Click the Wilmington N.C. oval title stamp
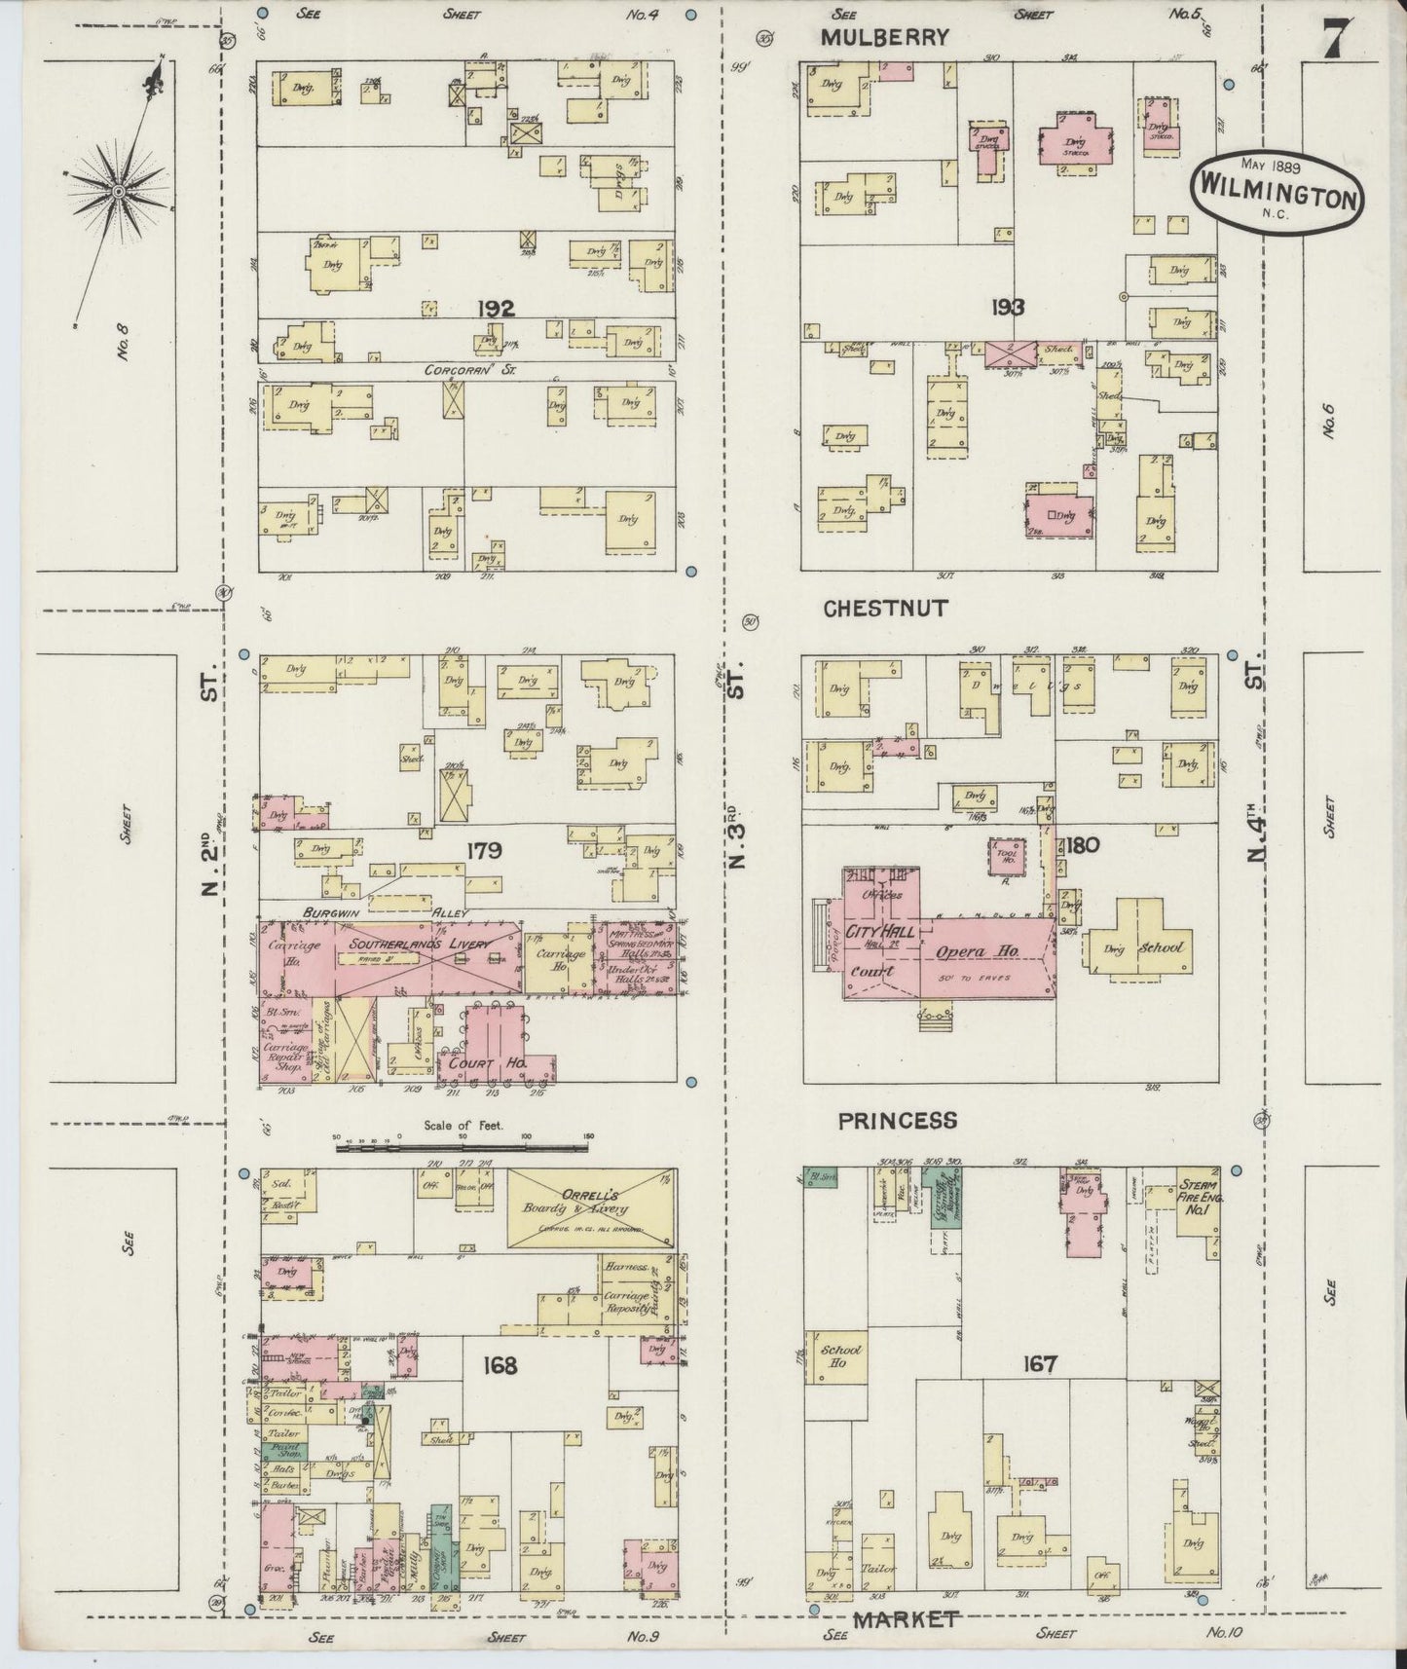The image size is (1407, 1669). [1276, 189]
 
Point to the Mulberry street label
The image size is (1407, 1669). [883, 38]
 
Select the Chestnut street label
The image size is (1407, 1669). [885, 609]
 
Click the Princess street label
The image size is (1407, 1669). [897, 1120]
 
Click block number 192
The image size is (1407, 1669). [495, 309]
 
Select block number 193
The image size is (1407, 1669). [1007, 308]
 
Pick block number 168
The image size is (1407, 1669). [498, 1366]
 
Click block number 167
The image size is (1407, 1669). [1039, 1364]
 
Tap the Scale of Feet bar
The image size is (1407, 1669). [463, 1148]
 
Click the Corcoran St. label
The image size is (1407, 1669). [463, 370]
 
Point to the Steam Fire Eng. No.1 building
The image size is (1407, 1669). [1197, 1204]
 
